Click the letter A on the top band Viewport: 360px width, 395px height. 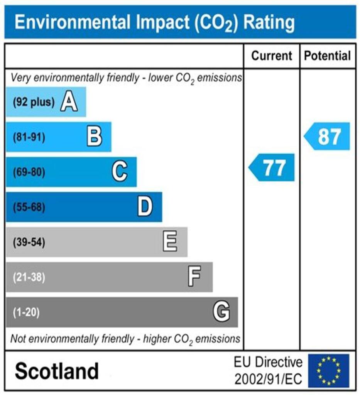point(69,102)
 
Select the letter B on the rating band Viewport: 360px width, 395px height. point(94,137)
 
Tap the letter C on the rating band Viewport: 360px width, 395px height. point(120,172)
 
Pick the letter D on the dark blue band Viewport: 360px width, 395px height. point(145,207)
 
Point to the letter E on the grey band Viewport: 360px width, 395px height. point(170,242)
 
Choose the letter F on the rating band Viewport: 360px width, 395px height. point(194,277)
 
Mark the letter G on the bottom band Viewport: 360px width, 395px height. point(221,312)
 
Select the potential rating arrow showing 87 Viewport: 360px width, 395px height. point(327,136)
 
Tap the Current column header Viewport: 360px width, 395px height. point(272,56)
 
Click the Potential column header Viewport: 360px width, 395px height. point(328,56)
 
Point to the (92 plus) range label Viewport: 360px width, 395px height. point(34,102)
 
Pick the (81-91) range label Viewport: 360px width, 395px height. point(29,137)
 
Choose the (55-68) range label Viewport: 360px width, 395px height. point(29,208)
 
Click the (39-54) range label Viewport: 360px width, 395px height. point(29,243)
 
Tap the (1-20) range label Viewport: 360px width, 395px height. point(26,312)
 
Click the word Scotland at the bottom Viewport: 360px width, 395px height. point(57,371)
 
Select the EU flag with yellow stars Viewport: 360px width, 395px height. point(328,371)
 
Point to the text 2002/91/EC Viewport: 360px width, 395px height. point(268,379)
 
